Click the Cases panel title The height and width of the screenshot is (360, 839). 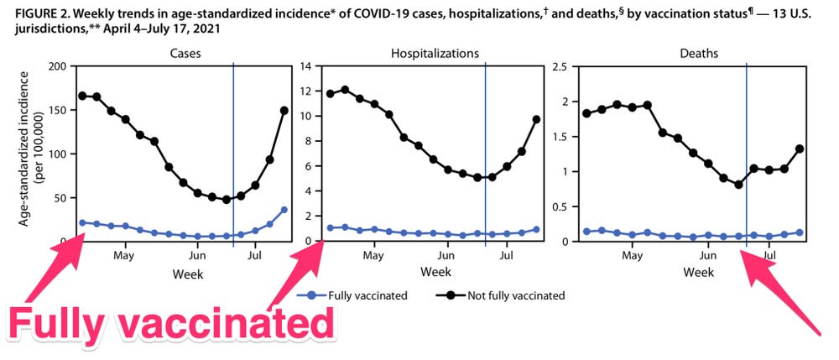click(x=183, y=53)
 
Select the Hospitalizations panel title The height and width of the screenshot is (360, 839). click(x=435, y=53)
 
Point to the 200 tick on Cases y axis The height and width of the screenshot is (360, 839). click(x=56, y=66)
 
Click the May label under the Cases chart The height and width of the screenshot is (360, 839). click(x=124, y=255)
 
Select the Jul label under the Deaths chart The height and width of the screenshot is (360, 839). click(x=769, y=255)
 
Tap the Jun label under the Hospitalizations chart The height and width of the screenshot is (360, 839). click(x=451, y=255)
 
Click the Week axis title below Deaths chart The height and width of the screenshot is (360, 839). click(x=699, y=273)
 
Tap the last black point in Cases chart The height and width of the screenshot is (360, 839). click(x=284, y=110)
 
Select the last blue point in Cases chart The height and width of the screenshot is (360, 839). click(x=284, y=210)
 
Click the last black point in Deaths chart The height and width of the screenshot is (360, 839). click(x=800, y=149)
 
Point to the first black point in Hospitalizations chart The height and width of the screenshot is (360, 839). click(x=330, y=94)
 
